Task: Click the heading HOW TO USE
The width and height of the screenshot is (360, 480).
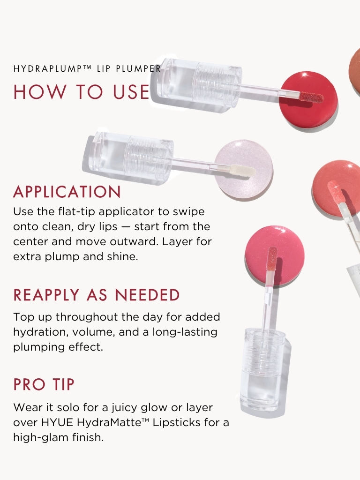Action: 82,92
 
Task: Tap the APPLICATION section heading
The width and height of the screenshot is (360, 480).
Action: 67,192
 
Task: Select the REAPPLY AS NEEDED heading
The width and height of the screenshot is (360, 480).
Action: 97,295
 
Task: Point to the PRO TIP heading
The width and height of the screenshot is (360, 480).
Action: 44,384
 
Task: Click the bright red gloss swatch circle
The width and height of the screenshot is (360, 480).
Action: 308,99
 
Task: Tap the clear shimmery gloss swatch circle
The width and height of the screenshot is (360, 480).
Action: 243,169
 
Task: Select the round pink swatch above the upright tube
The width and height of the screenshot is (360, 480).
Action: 275,255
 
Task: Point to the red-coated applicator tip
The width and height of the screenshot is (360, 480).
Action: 311,97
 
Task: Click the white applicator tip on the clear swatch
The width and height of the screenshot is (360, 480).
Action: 243,170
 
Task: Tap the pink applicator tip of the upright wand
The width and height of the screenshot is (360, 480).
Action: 272,258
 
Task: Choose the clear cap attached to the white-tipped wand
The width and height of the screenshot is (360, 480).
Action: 129,157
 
